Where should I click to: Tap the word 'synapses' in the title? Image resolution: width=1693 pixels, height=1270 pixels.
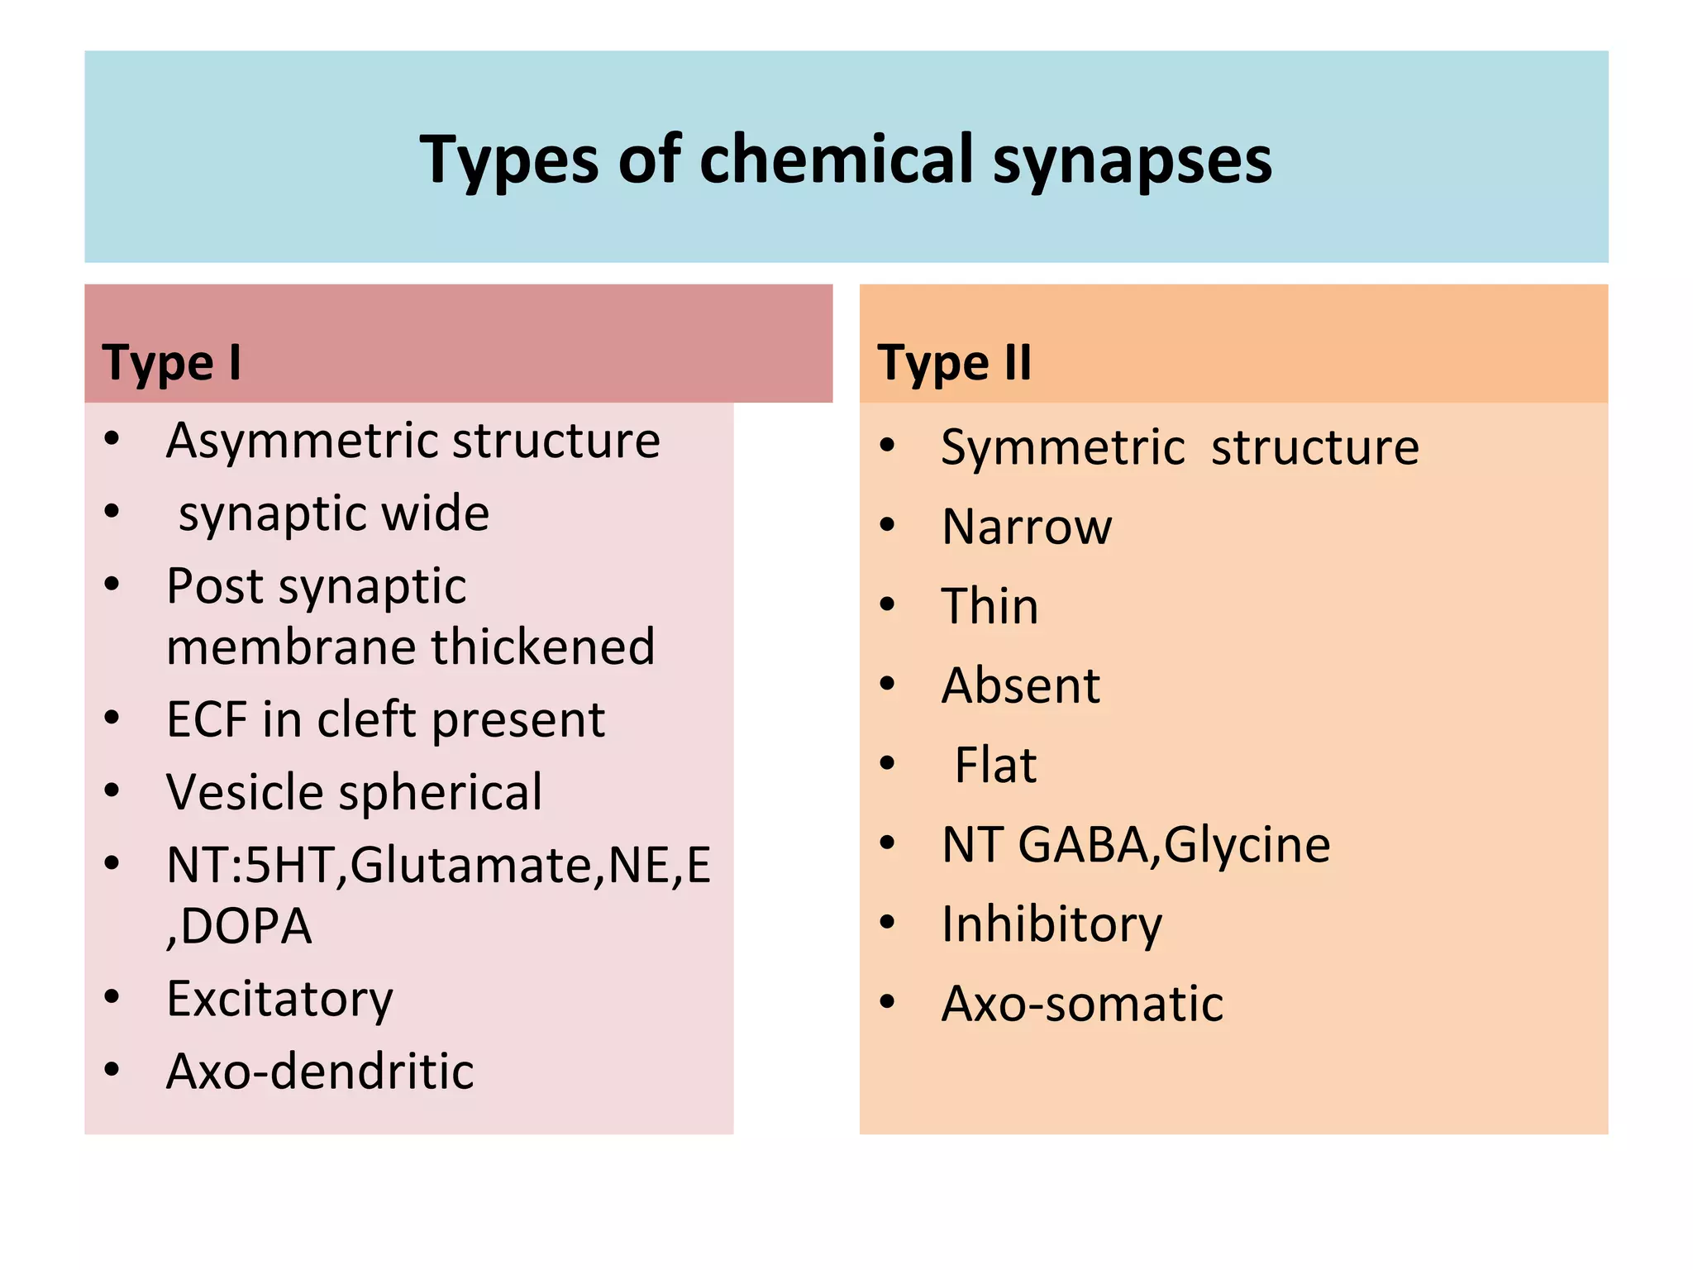[1132, 160]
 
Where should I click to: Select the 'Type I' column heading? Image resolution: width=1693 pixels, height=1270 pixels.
[172, 362]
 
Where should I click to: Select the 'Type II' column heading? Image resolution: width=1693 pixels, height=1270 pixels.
[955, 362]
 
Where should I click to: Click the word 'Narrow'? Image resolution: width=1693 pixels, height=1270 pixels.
[1028, 527]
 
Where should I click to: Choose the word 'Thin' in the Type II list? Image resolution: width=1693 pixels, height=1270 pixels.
[990, 606]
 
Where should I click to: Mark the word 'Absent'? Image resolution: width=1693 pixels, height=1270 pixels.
[1021, 685]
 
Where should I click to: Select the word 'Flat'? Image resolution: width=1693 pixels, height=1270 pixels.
[995, 765]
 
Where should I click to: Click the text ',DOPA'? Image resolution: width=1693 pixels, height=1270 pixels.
[240, 926]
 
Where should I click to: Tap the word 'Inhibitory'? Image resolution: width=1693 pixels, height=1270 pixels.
[1052, 924]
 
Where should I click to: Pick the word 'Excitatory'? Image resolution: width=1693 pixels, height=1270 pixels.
[279, 999]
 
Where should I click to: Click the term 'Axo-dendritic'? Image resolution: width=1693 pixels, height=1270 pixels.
[320, 1072]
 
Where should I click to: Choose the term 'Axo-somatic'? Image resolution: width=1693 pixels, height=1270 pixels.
[1082, 1004]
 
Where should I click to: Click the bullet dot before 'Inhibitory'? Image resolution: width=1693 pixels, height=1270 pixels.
[888, 922]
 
